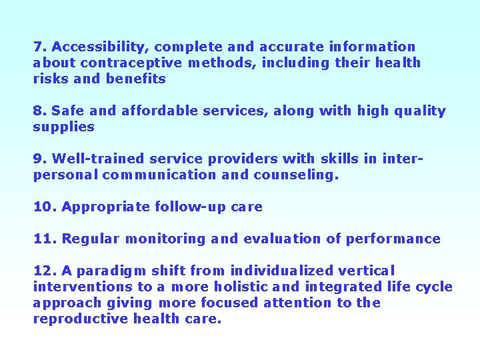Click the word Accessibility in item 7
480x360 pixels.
pos(100,47)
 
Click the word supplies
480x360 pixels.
pos(64,127)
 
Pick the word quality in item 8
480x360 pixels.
pos(421,111)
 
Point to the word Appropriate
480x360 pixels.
pos(106,207)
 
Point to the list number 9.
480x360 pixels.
pos(39,159)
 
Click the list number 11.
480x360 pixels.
pos(43,239)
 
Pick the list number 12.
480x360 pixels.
pos(44,271)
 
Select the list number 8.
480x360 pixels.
pos(39,111)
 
